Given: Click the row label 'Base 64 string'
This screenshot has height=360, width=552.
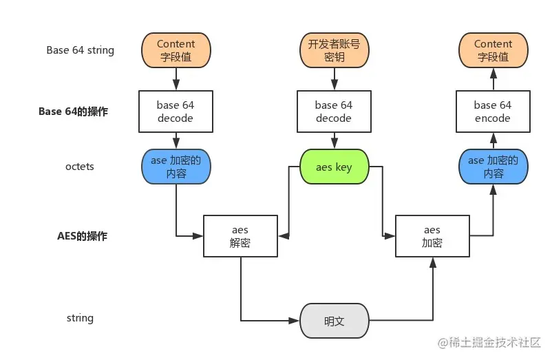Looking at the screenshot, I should (x=81, y=50).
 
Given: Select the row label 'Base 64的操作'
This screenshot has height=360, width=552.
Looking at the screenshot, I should (x=73, y=111).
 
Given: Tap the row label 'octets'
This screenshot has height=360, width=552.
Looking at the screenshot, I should (x=81, y=167).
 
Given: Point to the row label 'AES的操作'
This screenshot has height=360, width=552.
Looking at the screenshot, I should (x=82, y=235).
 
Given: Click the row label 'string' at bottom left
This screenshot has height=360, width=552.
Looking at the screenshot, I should (x=81, y=318).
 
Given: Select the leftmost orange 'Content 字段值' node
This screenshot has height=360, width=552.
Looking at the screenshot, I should (x=176, y=51).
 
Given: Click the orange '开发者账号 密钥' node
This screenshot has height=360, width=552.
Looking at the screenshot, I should (x=334, y=51).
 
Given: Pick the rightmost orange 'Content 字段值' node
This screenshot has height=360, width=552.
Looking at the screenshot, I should (x=493, y=51).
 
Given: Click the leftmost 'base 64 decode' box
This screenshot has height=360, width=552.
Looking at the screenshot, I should (x=176, y=112).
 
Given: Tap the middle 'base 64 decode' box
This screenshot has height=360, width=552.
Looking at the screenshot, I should (x=334, y=112).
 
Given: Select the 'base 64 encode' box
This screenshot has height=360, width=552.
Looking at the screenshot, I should (x=493, y=112).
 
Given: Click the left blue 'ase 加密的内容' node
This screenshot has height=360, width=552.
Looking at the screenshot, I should (x=176, y=167).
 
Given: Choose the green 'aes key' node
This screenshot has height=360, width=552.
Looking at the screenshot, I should (x=334, y=167).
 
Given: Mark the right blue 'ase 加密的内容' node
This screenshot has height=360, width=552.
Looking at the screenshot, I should (x=493, y=167).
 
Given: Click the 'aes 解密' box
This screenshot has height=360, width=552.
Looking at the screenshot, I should (x=240, y=236).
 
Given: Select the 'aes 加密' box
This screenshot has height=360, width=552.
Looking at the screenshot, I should (x=432, y=236).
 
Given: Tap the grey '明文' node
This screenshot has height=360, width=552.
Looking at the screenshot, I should (x=334, y=321).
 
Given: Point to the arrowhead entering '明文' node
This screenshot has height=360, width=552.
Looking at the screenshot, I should (x=296, y=321).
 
